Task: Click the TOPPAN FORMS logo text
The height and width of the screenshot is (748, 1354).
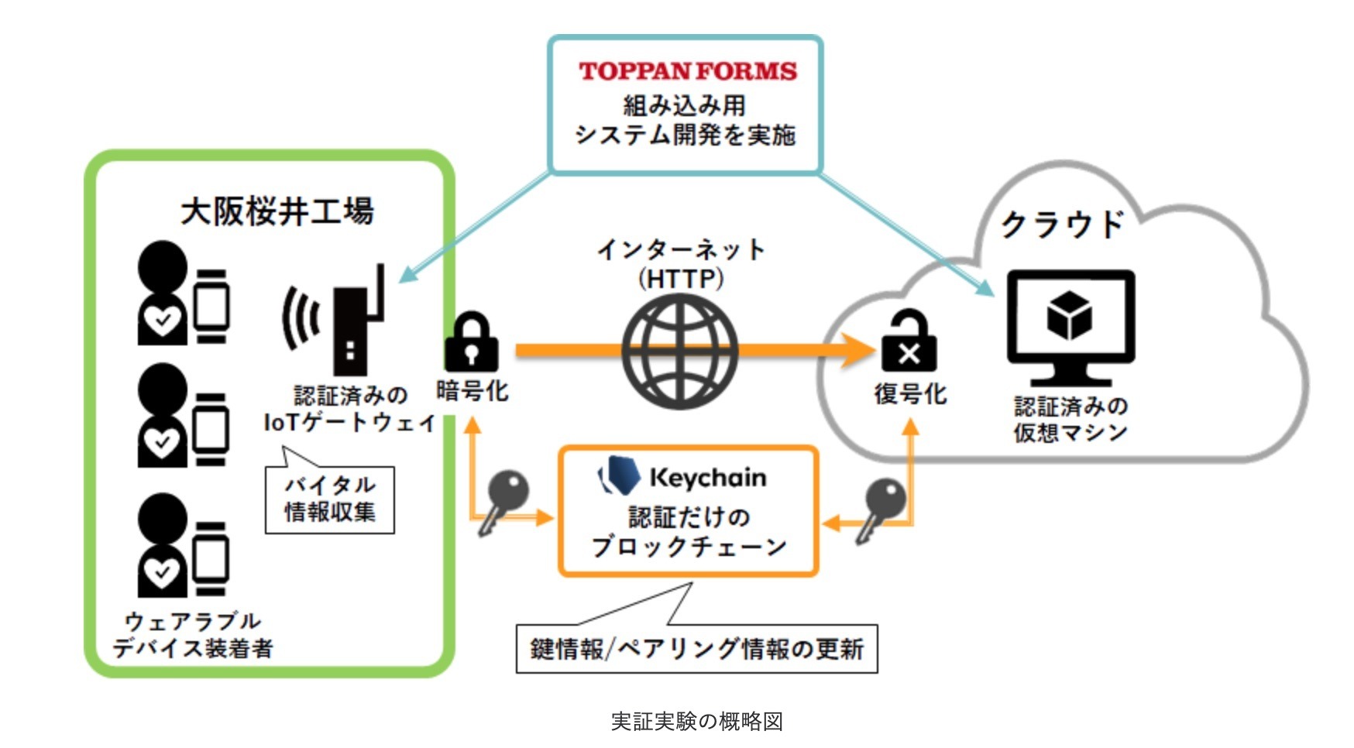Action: (687, 71)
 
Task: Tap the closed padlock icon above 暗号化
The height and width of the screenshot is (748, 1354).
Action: (471, 343)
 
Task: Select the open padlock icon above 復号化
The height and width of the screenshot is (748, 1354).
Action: (909, 343)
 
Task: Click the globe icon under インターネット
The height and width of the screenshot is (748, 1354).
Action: (680, 353)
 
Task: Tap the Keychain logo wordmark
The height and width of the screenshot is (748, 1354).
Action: (706, 477)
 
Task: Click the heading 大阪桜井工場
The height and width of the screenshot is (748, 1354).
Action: (277, 211)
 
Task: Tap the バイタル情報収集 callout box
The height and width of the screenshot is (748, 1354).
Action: (330, 499)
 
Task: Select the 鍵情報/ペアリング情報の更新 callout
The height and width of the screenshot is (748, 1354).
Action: (696, 648)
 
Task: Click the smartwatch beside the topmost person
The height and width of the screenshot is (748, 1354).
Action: (211, 306)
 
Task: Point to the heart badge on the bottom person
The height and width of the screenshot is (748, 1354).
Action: (162, 574)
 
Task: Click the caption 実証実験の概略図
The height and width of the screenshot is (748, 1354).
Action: (696, 721)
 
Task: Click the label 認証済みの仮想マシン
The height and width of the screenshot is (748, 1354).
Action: (1070, 419)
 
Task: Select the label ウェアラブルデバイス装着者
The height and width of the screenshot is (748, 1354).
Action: (192, 635)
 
